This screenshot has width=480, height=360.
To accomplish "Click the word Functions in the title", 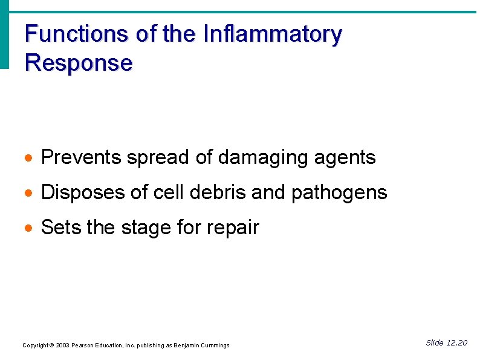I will pyautogui.click(x=77, y=34).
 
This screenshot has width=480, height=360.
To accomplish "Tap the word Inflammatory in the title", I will pyautogui.click(x=273, y=34).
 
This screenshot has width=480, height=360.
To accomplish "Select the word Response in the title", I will pyautogui.click(x=79, y=63).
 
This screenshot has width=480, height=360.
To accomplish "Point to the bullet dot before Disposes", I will pyautogui.click(x=29, y=194).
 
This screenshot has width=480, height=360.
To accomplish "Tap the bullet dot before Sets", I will pyautogui.click(x=29, y=229).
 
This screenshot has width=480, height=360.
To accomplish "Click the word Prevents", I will pyautogui.click(x=81, y=158).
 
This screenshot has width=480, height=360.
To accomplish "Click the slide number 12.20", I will pyautogui.click(x=456, y=343).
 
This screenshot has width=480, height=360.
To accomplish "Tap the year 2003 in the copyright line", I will pyautogui.click(x=62, y=345).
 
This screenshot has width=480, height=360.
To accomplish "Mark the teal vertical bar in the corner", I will pyautogui.click(x=5, y=34).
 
